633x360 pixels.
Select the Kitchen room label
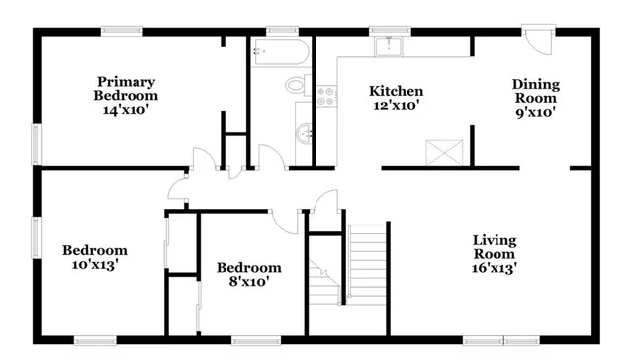point(397,91)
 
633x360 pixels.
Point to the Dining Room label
point(534,91)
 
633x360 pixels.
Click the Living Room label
point(494,246)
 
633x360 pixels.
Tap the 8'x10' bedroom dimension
point(248,282)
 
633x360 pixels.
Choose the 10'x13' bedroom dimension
point(95,265)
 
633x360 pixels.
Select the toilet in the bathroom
point(297,85)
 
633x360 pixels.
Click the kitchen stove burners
point(325,97)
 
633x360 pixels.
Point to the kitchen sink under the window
point(388,45)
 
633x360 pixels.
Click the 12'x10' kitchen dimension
point(397,106)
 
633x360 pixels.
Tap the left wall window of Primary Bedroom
point(38,142)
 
